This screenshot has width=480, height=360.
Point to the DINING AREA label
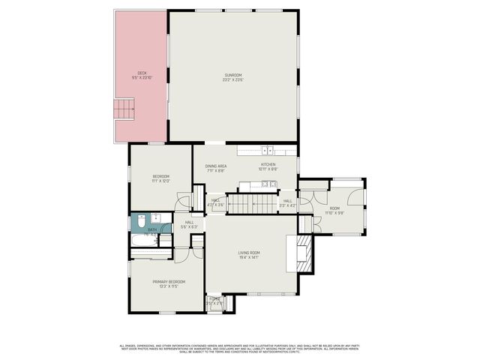pyautogui.click(x=216, y=166)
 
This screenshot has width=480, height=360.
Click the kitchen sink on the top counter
pyautogui.click(x=259, y=151)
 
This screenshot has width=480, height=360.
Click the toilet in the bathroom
pyautogui.click(x=139, y=221)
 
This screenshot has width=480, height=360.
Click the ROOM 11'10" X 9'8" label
pyautogui.click(x=334, y=210)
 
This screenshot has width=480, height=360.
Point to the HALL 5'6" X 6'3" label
pyautogui.click(x=189, y=223)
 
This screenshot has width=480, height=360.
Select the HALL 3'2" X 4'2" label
pyautogui.click(x=287, y=202)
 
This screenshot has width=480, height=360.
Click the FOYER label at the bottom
pyautogui.click(x=215, y=300)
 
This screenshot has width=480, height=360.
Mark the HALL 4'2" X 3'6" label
pyautogui.click(x=215, y=202)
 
